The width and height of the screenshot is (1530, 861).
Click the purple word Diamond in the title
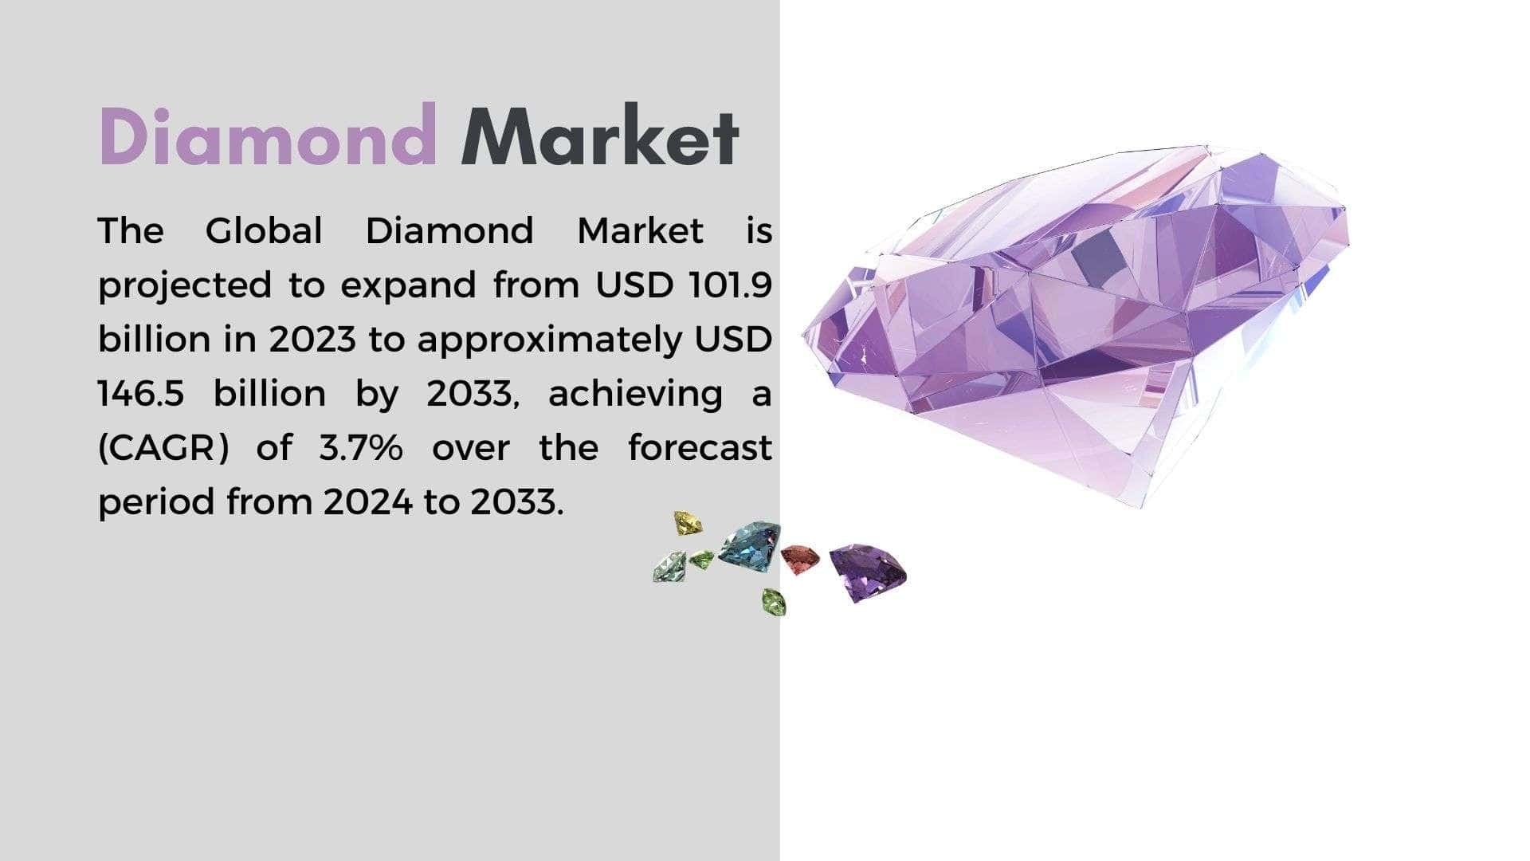coord(268,136)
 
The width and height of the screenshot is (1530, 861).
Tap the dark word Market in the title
coord(600,136)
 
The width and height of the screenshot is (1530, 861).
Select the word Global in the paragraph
coord(264,231)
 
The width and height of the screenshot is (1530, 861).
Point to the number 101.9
coord(726,285)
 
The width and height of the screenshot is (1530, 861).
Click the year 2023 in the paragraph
coord(312,340)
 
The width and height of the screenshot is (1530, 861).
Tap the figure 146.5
coord(141,394)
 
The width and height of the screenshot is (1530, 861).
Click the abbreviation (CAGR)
coord(163,449)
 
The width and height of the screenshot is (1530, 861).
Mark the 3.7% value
coord(361,448)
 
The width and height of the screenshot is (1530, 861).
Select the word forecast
coord(700,447)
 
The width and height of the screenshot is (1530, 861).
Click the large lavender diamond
coord(1076,319)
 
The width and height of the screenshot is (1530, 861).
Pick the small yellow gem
coord(688,523)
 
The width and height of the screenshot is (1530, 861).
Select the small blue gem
coord(750,546)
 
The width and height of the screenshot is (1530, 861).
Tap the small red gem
coord(799,559)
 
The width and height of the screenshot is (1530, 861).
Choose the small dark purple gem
coord(867,571)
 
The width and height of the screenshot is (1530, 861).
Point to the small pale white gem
coord(669,567)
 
